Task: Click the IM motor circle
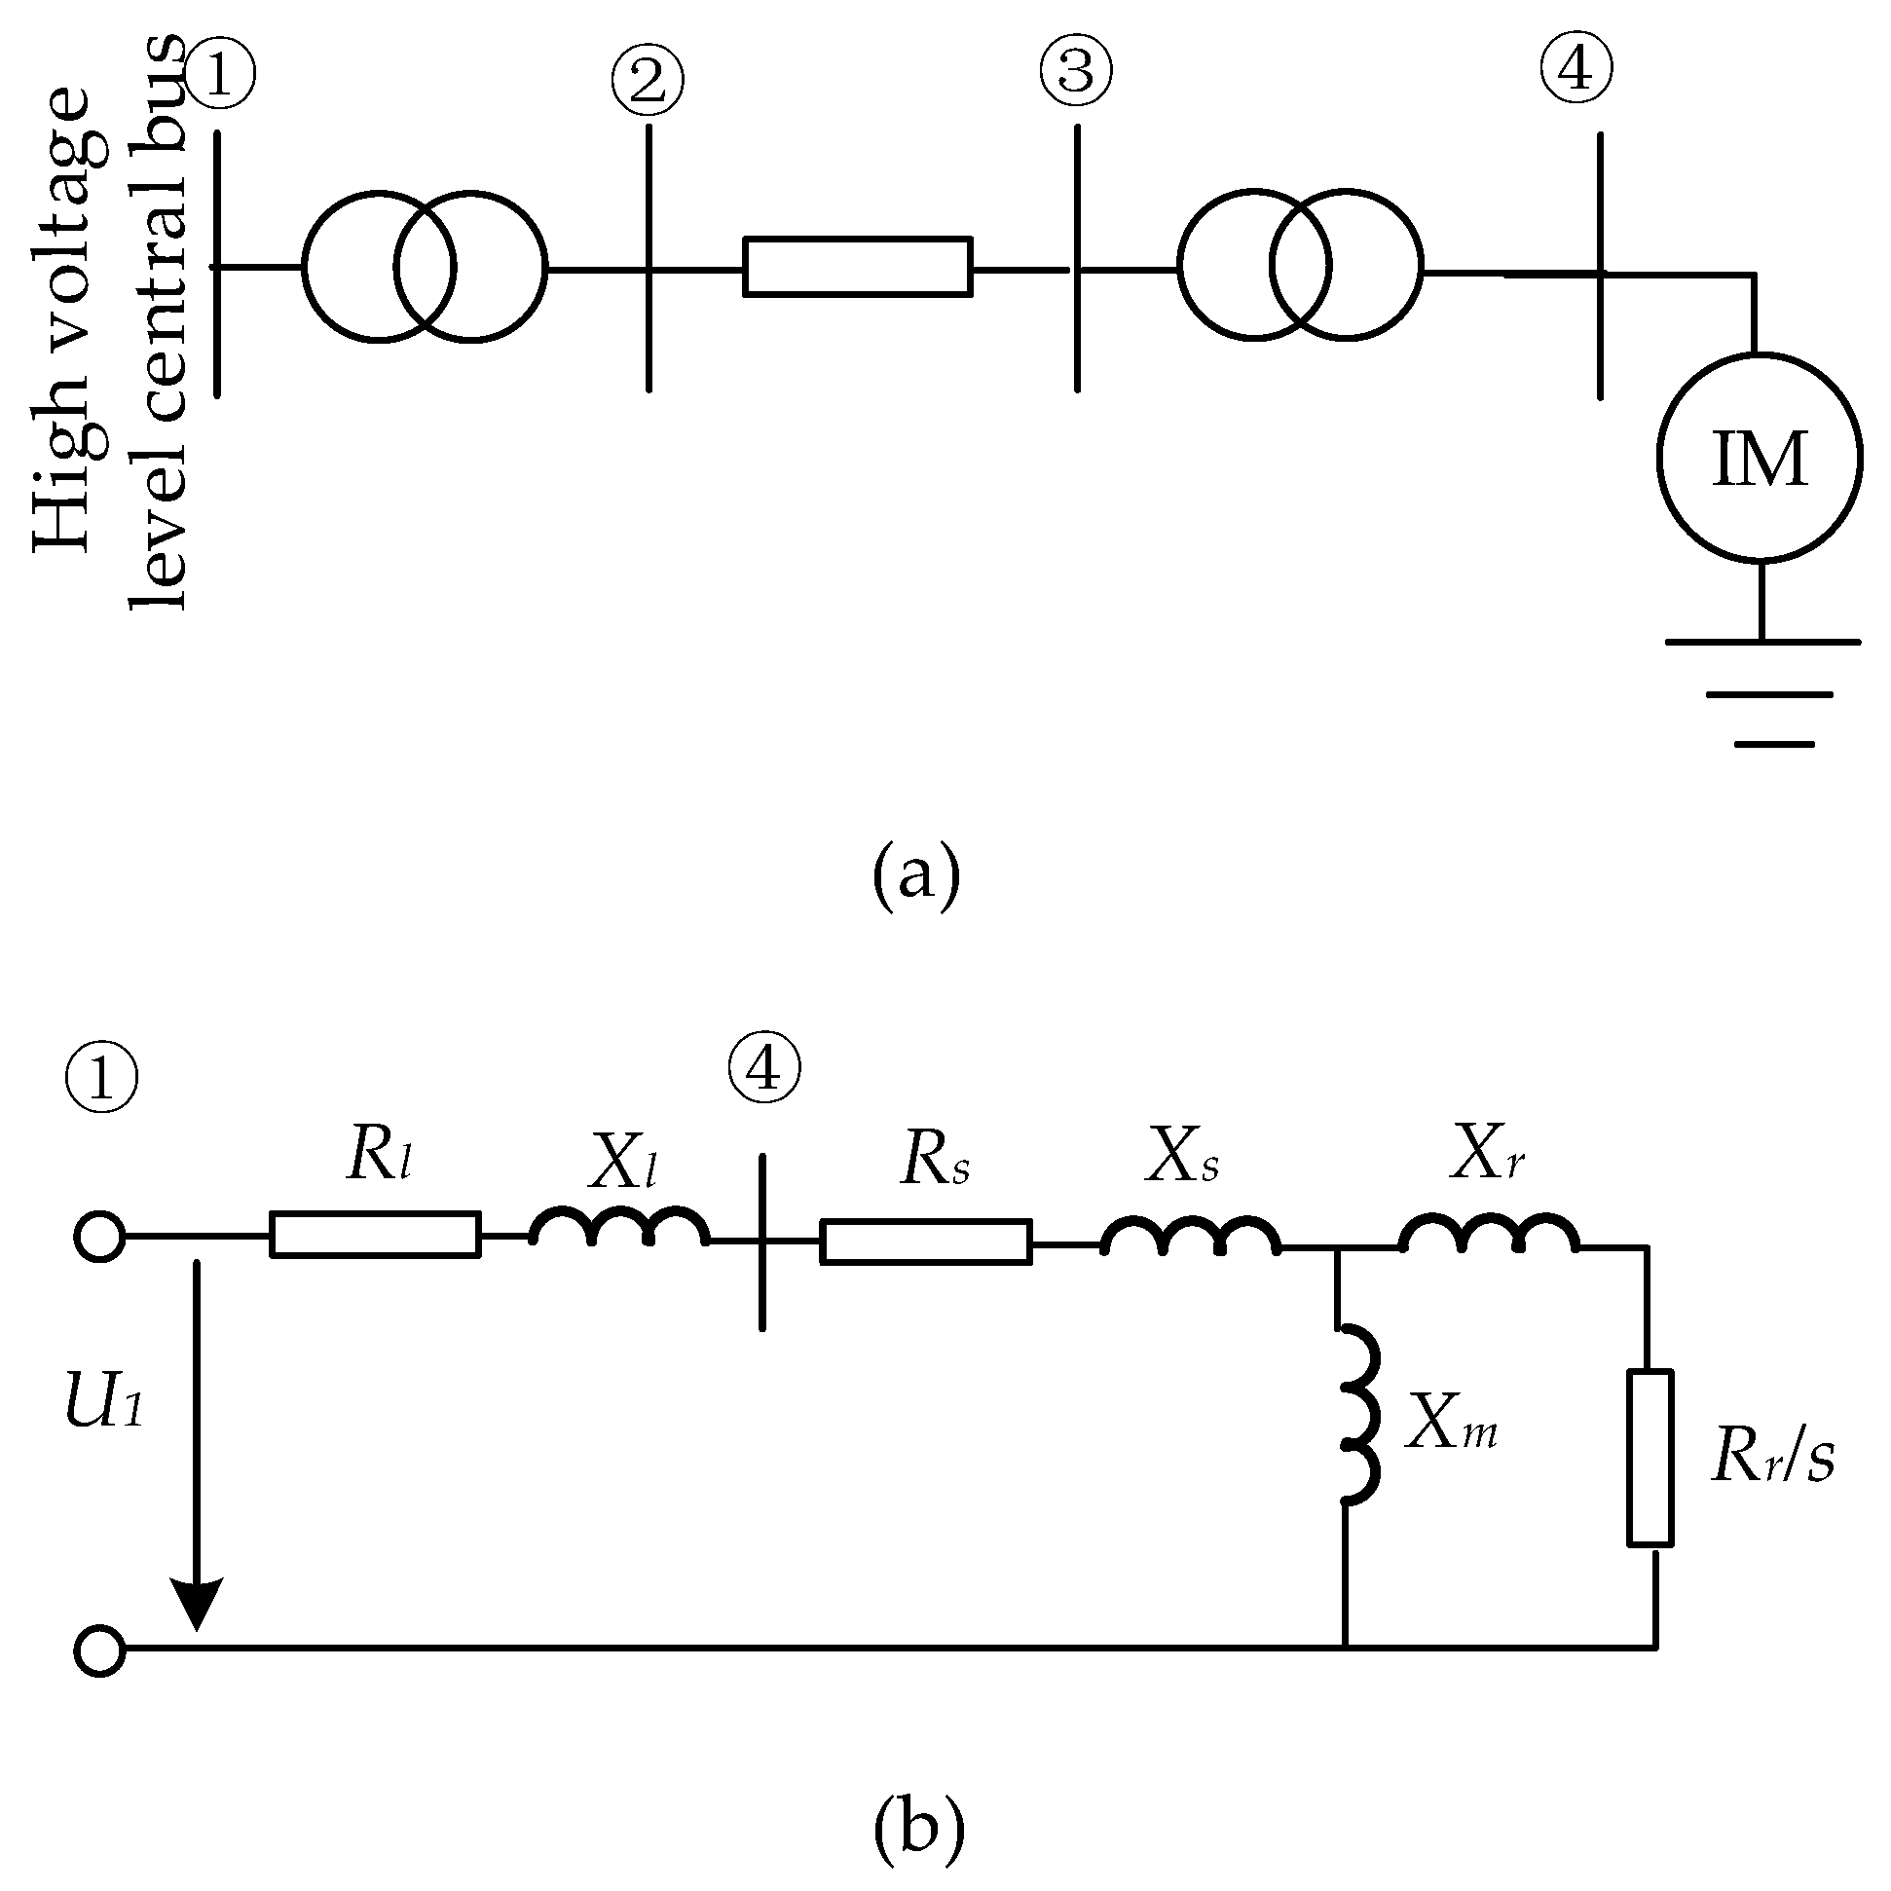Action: pos(1760,458)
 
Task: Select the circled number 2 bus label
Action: pos(647,81)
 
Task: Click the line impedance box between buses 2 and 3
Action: pos(858,266)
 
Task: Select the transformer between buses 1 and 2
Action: pos(424,266)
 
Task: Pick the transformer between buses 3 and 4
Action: pos(1300,265)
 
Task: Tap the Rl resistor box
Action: pos(375,1235)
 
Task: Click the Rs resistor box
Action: pos(925,1242)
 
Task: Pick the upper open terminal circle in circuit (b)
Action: pos(100,1238)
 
